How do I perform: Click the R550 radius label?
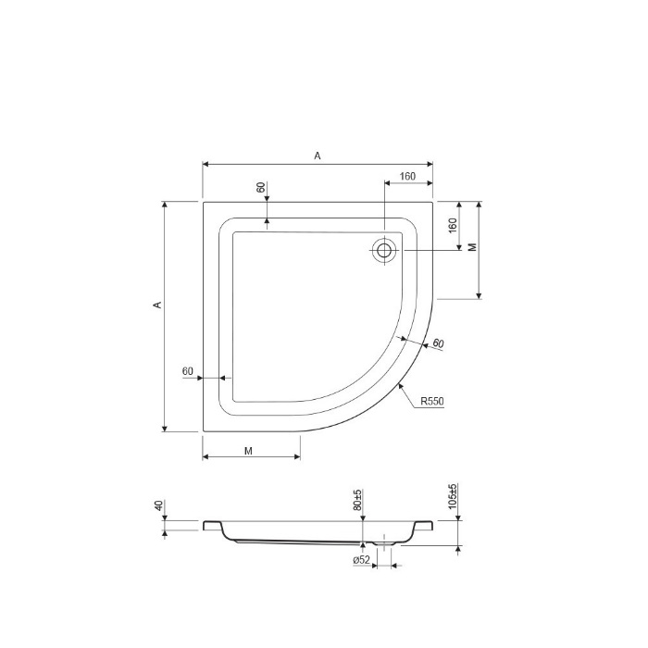[x=432, y=401]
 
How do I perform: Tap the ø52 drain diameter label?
[x=361, y=560]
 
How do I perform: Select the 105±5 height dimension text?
[x=453, y=496]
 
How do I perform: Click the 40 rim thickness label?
[x=159, y=505]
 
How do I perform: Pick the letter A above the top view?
[x=317, y=156]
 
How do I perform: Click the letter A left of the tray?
[x=157, y=305]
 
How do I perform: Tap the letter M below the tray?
[x=248, y=451]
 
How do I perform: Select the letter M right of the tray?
[x=472, y=247]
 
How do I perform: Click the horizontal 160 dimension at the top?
[x=407, y=177]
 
